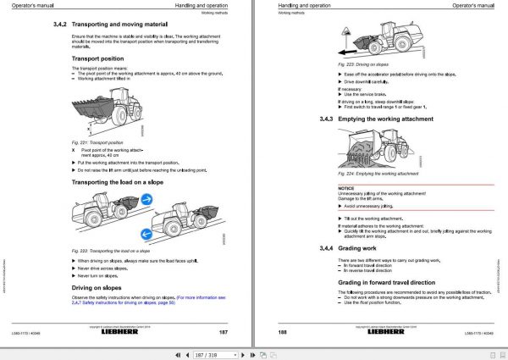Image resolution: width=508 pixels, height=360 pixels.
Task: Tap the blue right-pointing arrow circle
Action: (x=148, y=201)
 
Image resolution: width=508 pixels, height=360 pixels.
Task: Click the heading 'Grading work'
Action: (x=364, y=247)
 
